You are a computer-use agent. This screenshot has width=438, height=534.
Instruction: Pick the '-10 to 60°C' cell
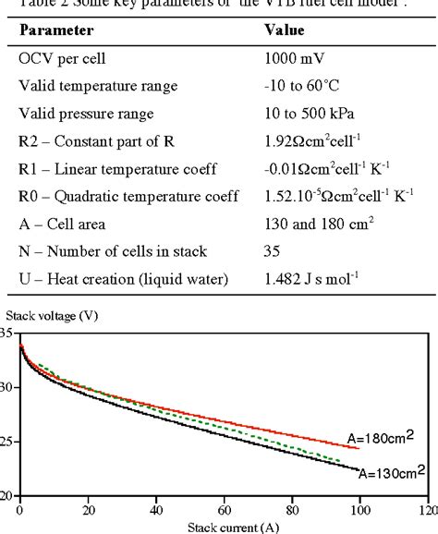(305, 85)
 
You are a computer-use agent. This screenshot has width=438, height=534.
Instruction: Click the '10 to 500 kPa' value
(310, 114)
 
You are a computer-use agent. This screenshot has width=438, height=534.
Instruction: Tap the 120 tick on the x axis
(426, 508)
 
